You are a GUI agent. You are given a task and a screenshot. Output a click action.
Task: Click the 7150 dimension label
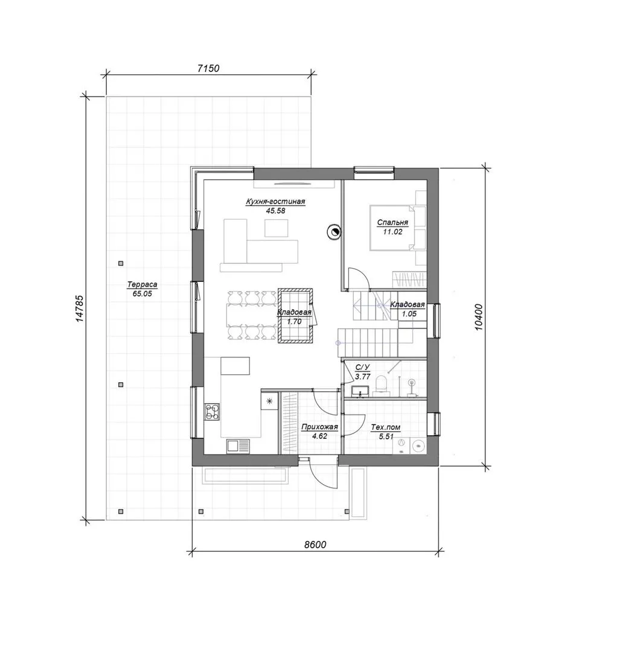[x=208, y=68]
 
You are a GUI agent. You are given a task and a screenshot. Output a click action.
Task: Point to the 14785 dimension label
[x=80, y=308]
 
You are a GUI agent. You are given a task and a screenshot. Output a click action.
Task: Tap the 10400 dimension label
[x=479, y=318]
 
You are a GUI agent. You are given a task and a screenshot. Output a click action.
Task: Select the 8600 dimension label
[x=315, y=545]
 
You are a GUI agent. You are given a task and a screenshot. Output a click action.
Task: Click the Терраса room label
[x=142, y=285]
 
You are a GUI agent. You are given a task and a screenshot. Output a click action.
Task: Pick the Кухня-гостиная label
[x=275, y=202]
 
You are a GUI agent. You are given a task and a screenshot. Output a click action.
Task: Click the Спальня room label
[x=392, y=222]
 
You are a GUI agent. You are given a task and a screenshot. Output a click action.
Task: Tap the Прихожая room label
[x=319, y=427]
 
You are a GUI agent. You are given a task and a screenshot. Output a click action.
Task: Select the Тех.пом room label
[x=385, y=427]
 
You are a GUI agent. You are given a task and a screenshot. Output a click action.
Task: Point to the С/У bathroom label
[x=362, y=368]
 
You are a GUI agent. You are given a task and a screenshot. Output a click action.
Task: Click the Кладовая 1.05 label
[x=408, y=309]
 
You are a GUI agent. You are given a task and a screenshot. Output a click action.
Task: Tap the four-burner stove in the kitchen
[x=212, y=412]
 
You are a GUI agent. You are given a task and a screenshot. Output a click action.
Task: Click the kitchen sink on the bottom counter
[x=238, y=447]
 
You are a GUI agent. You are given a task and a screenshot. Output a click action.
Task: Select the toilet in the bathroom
[x=380, y=385]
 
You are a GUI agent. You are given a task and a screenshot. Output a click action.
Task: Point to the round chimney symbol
[x=334, y=231]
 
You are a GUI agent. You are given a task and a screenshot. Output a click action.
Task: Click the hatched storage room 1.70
[x=295, y=316]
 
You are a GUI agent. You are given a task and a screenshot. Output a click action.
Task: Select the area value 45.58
[x=276, y=211]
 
